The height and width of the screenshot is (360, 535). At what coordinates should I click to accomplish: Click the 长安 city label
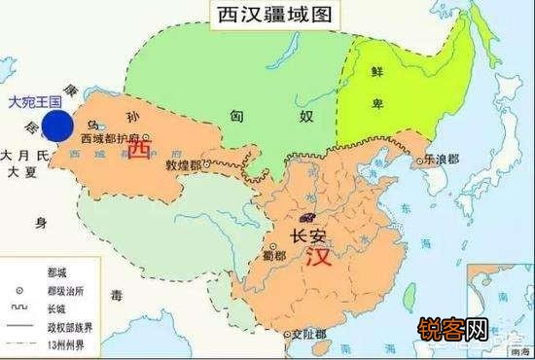(310, 234)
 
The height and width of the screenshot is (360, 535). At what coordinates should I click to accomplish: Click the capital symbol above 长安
(309, 216)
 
